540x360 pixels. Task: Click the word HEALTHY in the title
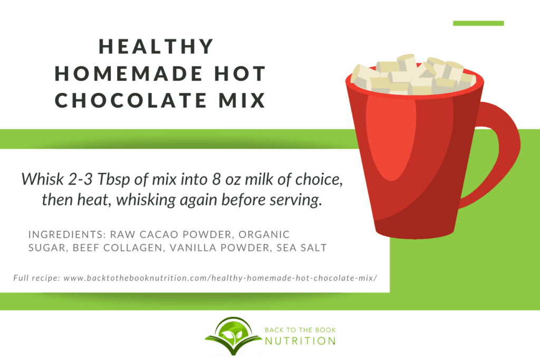(x=156, y=46)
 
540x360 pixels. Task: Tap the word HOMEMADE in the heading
(x=129, y=73)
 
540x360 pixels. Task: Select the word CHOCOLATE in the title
(x=131, y=100)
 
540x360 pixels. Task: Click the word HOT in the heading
(x=240, y=73)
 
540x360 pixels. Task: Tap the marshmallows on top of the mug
(x=413, y=75)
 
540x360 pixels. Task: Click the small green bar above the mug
(x=478, y=23)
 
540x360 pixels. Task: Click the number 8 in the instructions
(x=216, y=179)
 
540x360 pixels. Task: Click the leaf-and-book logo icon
(x=233, y=336)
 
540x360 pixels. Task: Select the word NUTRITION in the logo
(x=300, y=341)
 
